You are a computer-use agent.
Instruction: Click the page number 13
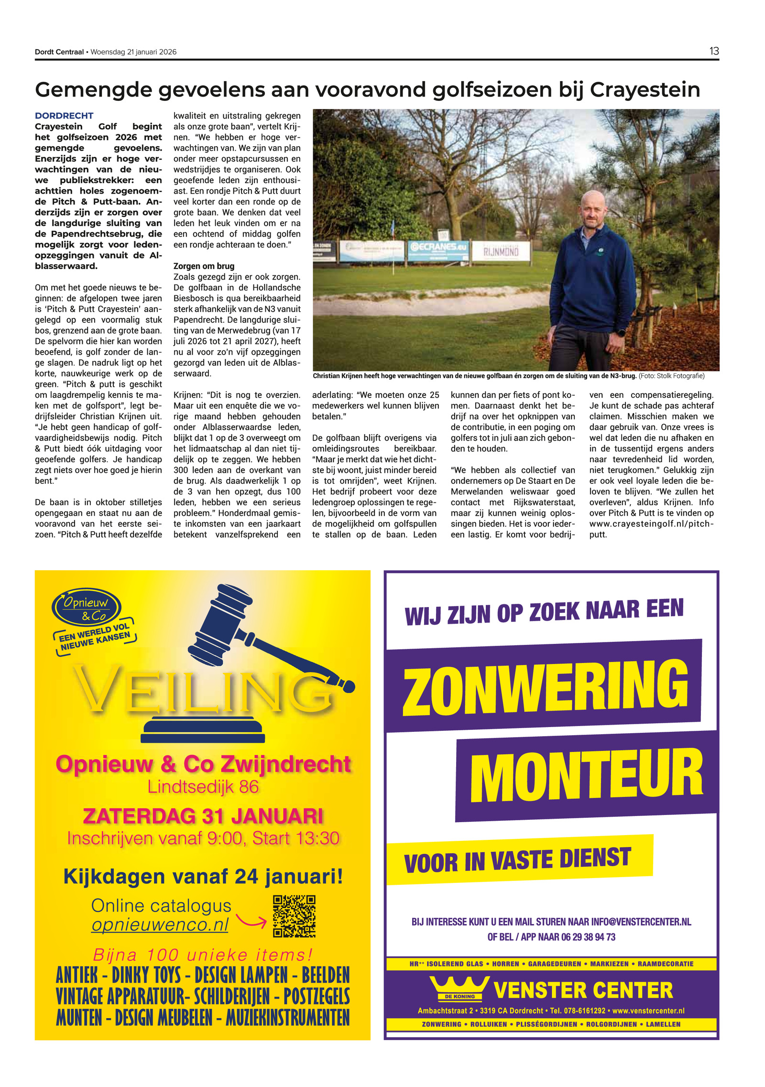pos(713,51)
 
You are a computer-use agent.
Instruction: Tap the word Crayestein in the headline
pos(645,90)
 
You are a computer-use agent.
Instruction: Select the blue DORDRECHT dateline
pos(64,116)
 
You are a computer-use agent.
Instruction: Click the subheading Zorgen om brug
pos(204,266)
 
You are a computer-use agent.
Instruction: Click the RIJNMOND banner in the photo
pos(501,251)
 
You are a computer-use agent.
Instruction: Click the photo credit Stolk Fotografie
pos(680,376)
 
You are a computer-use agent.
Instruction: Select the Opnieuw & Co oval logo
pos(87,607)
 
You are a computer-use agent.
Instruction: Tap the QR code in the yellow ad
pos(294,916)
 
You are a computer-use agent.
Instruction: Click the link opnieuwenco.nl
pos(160,924)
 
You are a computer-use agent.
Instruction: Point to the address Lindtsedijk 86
pos(203,787)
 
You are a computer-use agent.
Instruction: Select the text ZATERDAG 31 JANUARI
pos(203,816)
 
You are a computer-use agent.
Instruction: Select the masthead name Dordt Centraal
pos(59,52)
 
